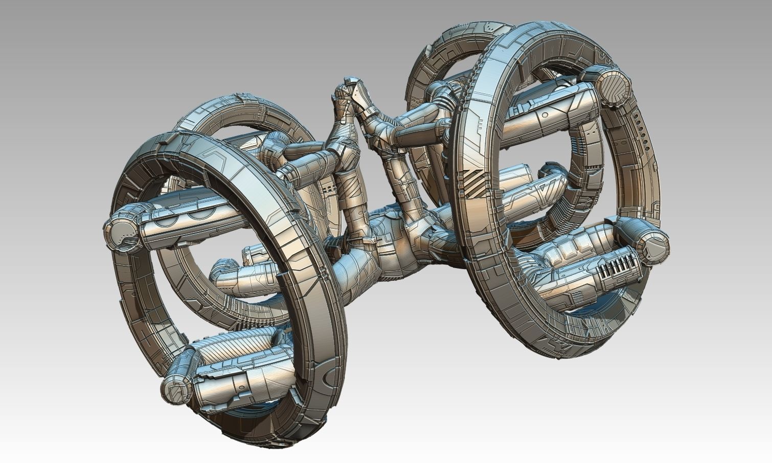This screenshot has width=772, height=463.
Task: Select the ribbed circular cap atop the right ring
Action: (x=612, y=84)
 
